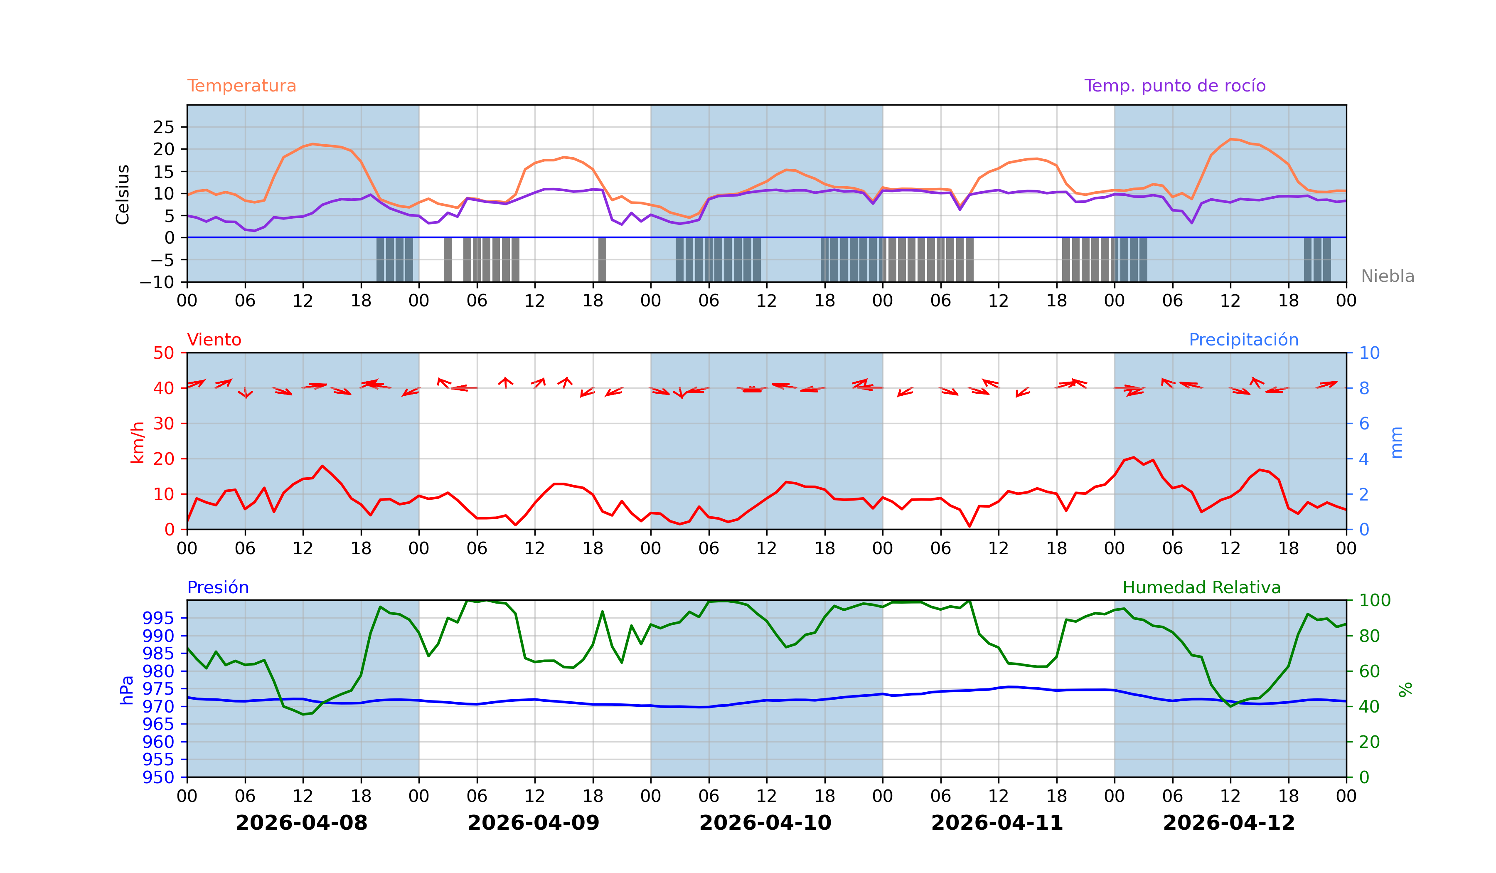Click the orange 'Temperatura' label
(x=241, y=86)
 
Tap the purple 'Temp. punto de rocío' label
(x=1174, y=86)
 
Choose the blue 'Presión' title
(x=217, y=587)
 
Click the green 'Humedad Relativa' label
(x=1201, y=587)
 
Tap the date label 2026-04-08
(x=302, y=823)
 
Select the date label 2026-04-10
(x=765, y=823)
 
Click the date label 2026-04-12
(x=1229, y=823)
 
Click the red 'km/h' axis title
(x=137, y=442)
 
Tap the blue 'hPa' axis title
(x=126, y=690)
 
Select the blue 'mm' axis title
(x=1396, y=442)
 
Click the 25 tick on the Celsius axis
(x=164, y=127)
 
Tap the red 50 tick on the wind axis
(x=163, y=353)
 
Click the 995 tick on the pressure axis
(x=158, y=618)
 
